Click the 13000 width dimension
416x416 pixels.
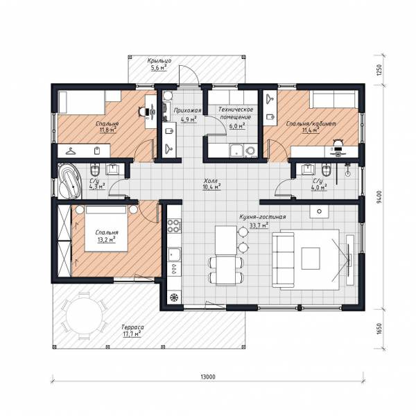point(208,376)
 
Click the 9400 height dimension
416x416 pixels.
point(380,197)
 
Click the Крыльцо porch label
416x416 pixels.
point(159,60)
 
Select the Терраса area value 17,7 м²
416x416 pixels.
point(132,333)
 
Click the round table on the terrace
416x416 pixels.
point(85,315)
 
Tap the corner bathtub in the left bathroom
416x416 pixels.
point(69,181)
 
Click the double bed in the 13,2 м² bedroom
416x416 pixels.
point(106,228)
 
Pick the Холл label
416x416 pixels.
point(211,181)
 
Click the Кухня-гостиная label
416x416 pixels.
point(263,217)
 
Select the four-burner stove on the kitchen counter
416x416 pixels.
point(174,225)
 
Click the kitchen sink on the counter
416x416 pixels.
point(174,254)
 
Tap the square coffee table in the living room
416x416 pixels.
point(311,258)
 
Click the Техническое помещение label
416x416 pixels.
point(236,113)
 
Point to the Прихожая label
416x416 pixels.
point(188,110)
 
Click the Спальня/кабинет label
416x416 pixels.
point(311,123)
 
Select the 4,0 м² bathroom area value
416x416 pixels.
point(319,187)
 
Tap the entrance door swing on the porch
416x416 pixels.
point(189,76)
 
